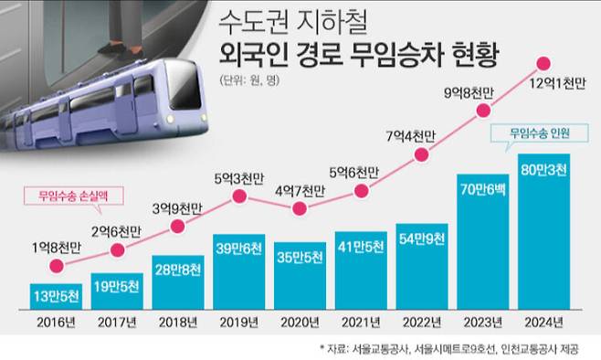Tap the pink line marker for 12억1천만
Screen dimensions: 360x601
point(543,64)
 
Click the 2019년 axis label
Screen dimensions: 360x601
point(239,322)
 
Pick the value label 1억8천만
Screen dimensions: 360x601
point(58,247)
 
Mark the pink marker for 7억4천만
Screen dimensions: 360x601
point(422,155)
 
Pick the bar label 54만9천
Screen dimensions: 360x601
point(421,239)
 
